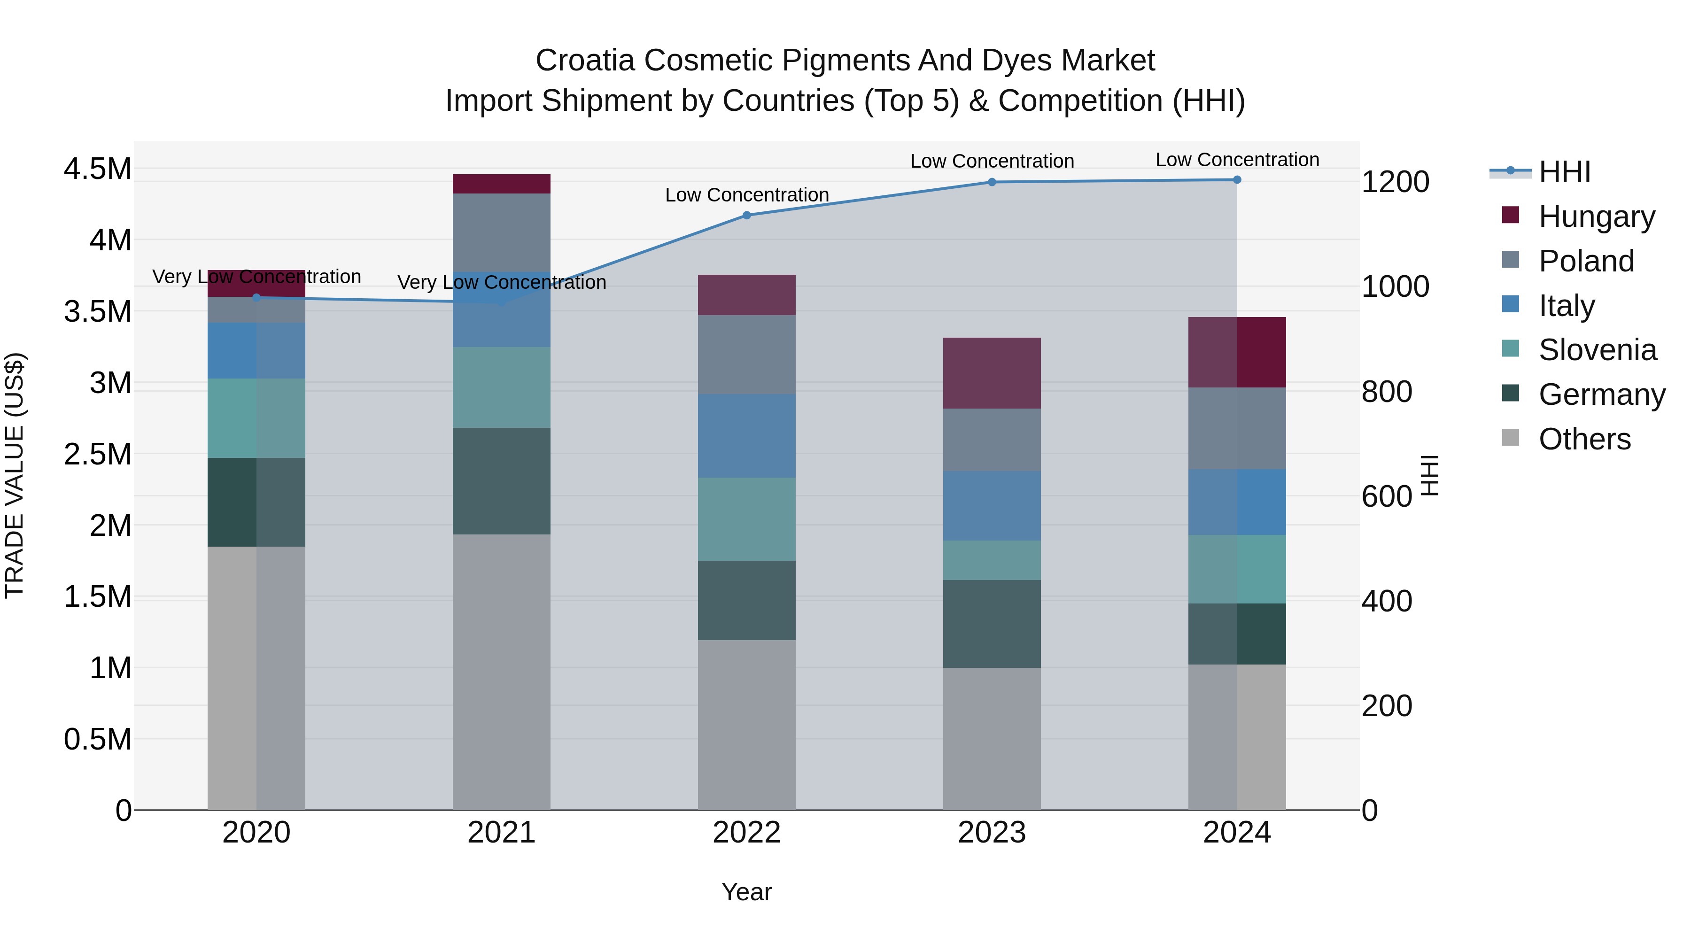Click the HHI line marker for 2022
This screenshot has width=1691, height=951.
coord(746,215)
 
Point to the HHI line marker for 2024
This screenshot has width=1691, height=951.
coord(1237,180)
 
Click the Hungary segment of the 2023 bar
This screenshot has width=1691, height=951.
coord(992,373)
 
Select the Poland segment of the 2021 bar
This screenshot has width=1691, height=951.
coord(502,232)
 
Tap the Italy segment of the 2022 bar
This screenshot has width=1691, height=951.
coord(746,436)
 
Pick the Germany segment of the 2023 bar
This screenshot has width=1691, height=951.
coord(992,624)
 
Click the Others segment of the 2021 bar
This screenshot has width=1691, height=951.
coord(502,672)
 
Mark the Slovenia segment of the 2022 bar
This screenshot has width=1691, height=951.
coord(746,519)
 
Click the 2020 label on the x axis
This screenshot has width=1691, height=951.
coord(256,833)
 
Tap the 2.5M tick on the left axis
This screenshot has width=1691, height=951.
coord(97,454)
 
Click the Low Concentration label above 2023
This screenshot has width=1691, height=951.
coord(992,161)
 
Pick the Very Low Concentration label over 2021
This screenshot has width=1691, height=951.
coord(502,282)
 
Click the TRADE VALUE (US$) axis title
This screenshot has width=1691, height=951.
coord(15,475)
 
